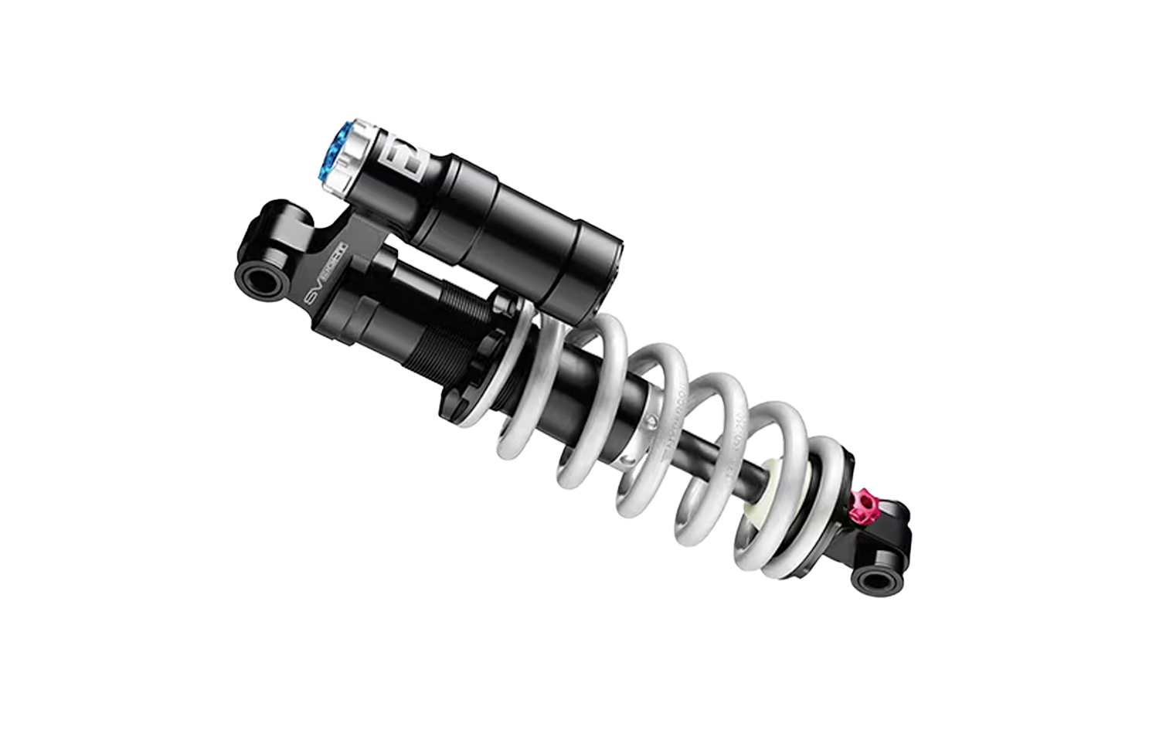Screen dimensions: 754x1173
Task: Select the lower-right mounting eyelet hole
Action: point(877,579)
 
